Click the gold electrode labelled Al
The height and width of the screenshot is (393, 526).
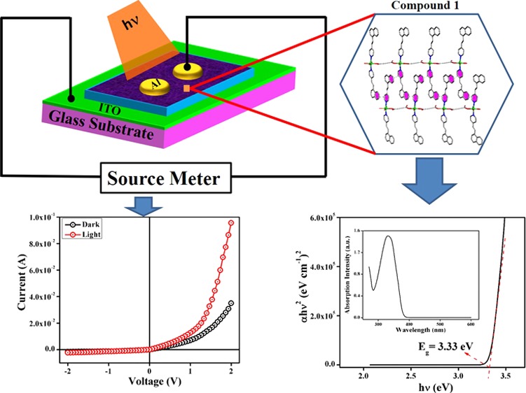[155, 87]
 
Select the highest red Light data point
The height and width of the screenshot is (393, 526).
[230, 223]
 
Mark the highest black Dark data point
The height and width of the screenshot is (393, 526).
[230, 303]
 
